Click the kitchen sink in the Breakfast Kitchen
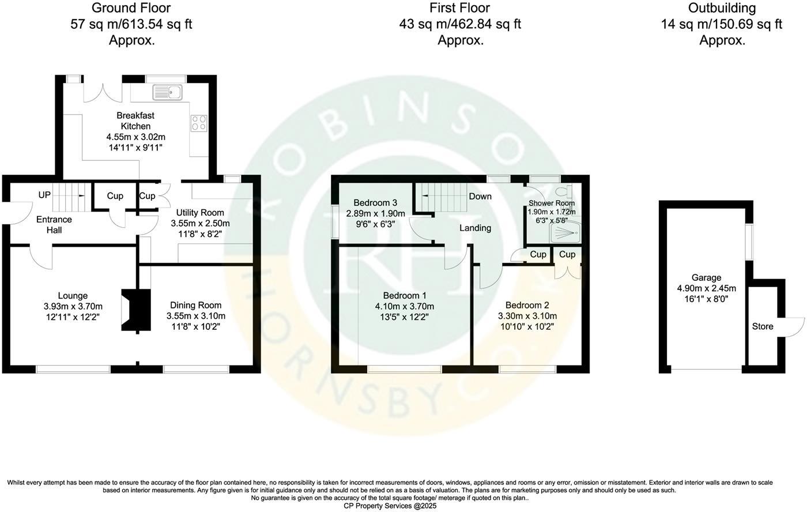tap(167, 92)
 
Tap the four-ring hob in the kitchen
tap(199, 123)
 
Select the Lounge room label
tap(73, 296)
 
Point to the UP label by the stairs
tap(44, 195)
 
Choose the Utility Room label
tap(200, 213)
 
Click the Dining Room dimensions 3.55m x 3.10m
tap(195, 316)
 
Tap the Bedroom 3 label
tap(375, 203)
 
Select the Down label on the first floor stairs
tap(480, 197)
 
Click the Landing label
tap(475, 228)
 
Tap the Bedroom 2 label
tap(527, 305)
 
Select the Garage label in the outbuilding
tap(706, 278)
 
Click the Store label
tap(762, 326)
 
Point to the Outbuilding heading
tap(722, 8)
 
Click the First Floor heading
tap(459, 8)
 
